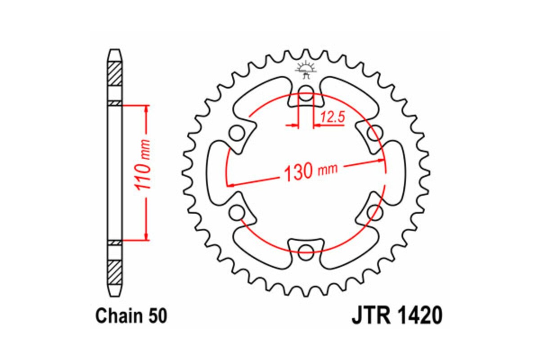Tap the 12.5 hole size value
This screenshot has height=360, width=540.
point(332,118)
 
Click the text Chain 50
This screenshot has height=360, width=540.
point(131,316)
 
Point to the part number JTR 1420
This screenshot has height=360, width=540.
point(396,316)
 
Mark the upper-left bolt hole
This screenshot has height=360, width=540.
point(236,134)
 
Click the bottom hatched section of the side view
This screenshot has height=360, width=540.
point(115,272)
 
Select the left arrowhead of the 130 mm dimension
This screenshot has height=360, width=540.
point(230,184)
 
